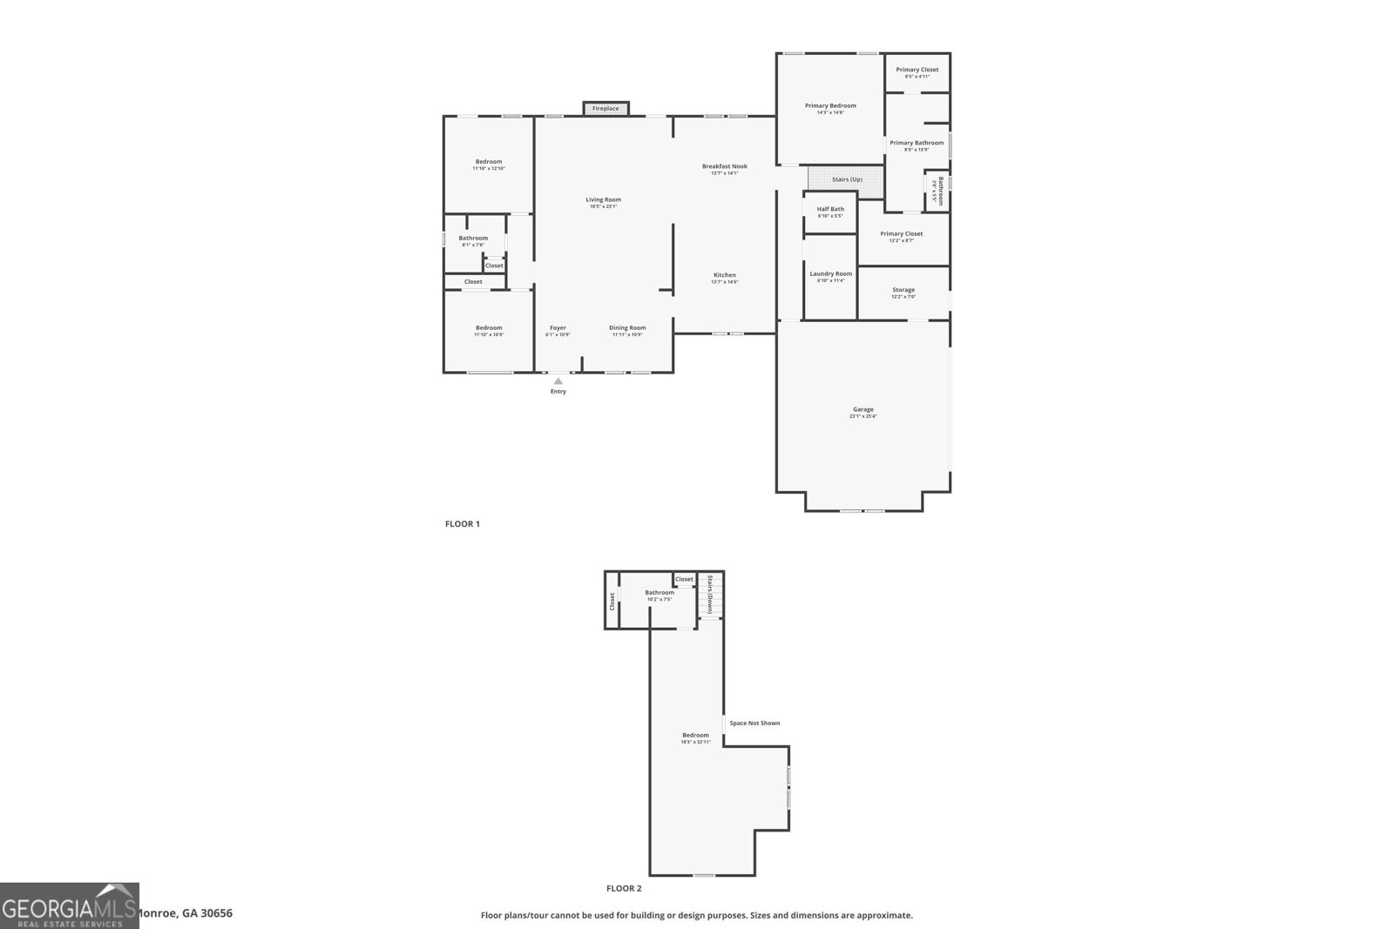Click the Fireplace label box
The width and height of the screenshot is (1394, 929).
click(606, 109)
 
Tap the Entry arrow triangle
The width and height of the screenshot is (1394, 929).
click(558, 381)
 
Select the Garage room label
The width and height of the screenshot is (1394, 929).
click(863, 409)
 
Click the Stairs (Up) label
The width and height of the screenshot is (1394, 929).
click(847, 179)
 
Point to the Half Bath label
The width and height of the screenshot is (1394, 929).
click(830, 209)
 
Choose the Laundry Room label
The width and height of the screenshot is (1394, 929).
click(830, 273)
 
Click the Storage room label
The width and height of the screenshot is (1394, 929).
click(903, 290)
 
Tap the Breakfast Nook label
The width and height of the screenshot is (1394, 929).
click(725, 166)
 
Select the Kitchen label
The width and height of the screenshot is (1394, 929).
click(724, 275)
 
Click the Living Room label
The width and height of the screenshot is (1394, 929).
click(603, 199)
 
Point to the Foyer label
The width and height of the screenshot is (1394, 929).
click(558, 328)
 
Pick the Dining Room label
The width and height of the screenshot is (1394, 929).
click(627, 328)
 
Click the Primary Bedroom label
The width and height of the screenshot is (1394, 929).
click(830, 105)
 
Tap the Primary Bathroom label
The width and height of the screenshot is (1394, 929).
click(917, 143)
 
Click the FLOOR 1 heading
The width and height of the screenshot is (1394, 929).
click(463, 524)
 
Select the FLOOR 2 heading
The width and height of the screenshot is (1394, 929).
click(624, 888)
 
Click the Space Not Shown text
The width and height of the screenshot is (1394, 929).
click(755, 723)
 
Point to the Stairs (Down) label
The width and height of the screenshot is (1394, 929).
click(711, 594)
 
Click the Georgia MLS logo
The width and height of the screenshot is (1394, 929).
click(70, 905)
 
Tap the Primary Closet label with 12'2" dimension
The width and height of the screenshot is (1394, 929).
click(901, 233)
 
